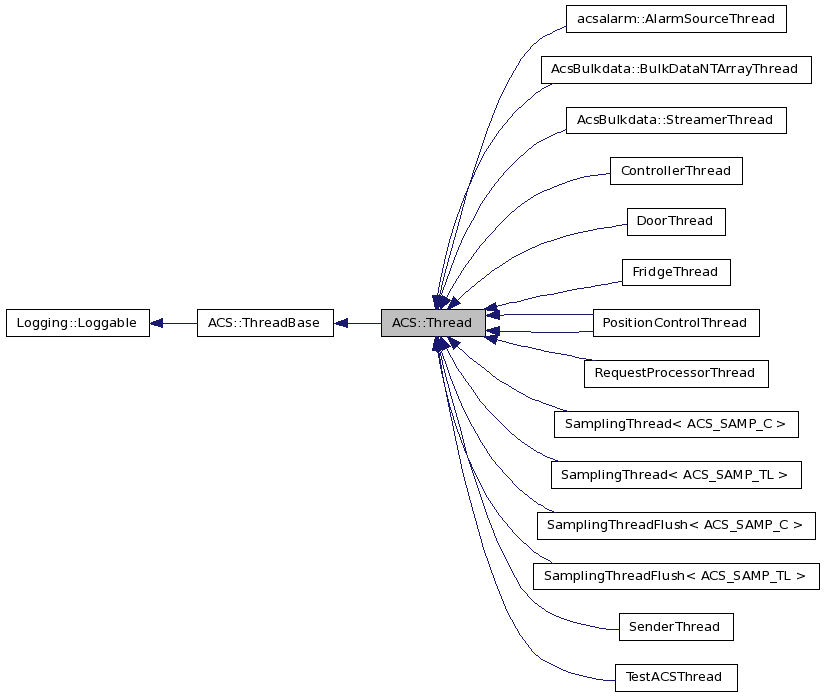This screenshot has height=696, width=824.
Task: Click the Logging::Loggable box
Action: (x=77, y=323)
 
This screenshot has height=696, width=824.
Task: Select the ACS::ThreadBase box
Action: (x=264, y=323)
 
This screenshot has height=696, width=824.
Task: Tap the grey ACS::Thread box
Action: (x=432, y=323)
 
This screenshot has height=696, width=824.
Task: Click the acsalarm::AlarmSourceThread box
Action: (x=675, y=18)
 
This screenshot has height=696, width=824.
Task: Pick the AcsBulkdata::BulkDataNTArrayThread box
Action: (x=674, y=69)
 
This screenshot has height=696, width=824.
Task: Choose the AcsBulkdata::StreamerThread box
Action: (x=675, y=120)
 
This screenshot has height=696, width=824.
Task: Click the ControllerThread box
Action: (x=675, y=171)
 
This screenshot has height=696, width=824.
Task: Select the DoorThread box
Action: (x=675, y=221)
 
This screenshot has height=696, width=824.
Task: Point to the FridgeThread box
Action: (x=675, y=272)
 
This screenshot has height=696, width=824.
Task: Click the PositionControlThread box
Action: (x=675, y=323)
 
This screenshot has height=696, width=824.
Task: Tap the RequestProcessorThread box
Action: (x=675, y=374)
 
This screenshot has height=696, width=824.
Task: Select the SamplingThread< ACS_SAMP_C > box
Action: (x=675, y=424)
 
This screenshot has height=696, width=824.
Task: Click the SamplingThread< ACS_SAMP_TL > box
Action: (x=675, y=475)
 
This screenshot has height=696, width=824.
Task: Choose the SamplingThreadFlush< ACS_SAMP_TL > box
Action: (x=675, y=576)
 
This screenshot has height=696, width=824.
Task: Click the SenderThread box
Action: (x=675, y=627)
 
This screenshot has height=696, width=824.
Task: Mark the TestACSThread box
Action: (x=675, y=678)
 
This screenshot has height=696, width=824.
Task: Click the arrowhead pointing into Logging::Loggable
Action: (x=158, y=323)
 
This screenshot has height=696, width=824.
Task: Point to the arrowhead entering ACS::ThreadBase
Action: (x=341, y=323)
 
